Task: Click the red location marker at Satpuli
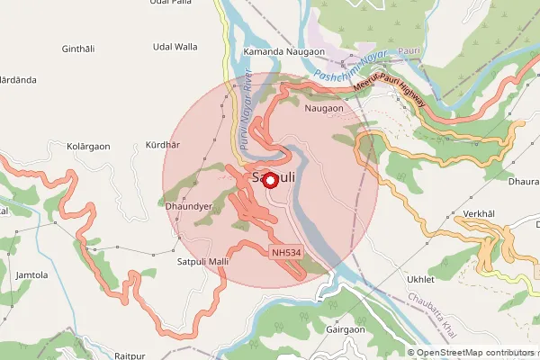(x=271, y=179)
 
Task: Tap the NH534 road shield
(x=285, y=254)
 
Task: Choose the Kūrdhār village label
(x=163, y=144)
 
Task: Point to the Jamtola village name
(x=31, y=274)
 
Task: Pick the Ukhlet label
(x=421, y=279)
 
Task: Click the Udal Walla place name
(x=175, y=46)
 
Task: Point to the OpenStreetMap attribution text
(x=472, y=353)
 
